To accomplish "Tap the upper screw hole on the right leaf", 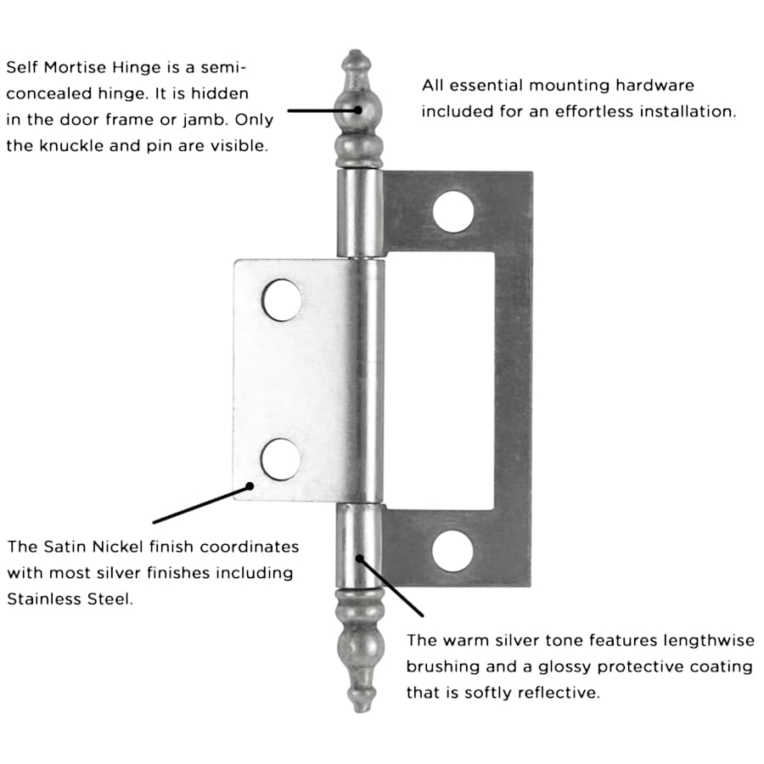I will (452, 212).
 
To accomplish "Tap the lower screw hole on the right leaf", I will (452, 550).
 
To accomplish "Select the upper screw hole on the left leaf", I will (281, 301).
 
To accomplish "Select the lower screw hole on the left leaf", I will (281, 459).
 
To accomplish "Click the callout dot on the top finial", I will (360, 110).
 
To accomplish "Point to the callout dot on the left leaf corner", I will (250, 486).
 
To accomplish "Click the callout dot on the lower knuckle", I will (360, 558).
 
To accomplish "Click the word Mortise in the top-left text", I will (74, 67).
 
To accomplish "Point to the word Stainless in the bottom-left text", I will (43, 598).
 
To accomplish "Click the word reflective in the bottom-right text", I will (556, 693).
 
